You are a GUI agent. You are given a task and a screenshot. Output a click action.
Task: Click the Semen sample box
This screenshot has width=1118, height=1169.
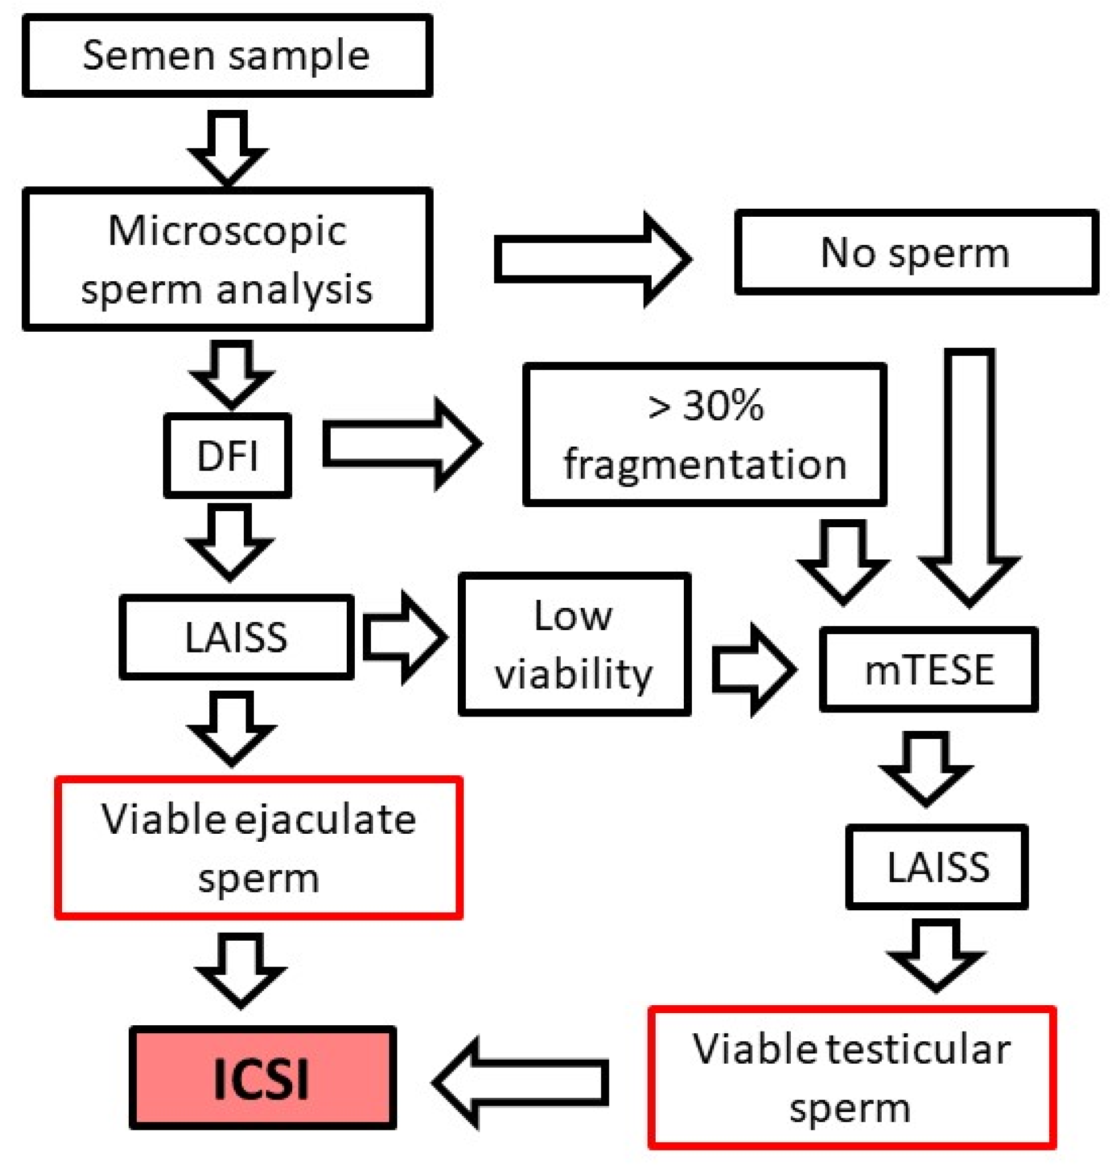coord(227,56)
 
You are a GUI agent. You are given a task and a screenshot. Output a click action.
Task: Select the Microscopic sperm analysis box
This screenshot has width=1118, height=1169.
coord(227,259)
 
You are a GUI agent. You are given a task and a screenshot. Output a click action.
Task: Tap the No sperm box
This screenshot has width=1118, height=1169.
coord(916,252)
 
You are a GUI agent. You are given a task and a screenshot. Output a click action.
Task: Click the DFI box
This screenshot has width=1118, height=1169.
coord(228,456)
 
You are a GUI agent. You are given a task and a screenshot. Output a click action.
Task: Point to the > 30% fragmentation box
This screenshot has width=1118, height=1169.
coord(705,435)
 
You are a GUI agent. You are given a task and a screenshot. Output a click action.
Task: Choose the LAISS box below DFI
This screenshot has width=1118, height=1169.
coord(236,637)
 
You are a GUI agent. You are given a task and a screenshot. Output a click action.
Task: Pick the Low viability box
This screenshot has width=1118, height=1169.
coord(574,644)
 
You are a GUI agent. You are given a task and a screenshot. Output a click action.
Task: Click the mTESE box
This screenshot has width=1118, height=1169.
coord(928,669)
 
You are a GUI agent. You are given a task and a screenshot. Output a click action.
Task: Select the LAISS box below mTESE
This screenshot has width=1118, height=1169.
coord(937,867)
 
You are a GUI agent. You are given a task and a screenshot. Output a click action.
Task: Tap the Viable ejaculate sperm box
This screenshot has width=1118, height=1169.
coord(259,848)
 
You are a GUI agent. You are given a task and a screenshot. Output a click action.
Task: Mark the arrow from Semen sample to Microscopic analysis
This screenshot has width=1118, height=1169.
coord(227,146)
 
